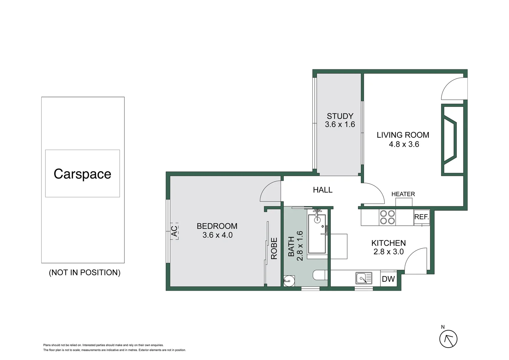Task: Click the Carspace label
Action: point(82,174)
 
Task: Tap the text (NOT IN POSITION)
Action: point(85,272)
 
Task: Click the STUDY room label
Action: point(340,116)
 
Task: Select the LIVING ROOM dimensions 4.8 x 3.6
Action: point(404,144)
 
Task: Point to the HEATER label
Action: point(403,194)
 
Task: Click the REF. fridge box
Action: point(422,217)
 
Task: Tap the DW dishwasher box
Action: point(388,279)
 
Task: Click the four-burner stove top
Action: point(387,217)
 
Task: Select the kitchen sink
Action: point(364,278)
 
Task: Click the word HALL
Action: point(323,190)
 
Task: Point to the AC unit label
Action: point(174,231)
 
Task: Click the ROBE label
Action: point(274,249)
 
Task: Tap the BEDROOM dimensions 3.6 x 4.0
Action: point(218,235)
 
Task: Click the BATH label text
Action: point(291,247)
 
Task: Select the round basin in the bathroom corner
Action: point(289,281)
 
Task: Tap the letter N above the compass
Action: point(443,327)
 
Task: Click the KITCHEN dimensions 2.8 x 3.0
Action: point(388,252)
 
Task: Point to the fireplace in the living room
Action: point(453,140)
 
